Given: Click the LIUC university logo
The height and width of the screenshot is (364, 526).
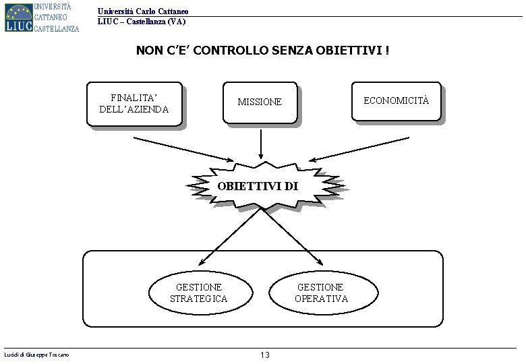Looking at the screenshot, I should tap(42, 17).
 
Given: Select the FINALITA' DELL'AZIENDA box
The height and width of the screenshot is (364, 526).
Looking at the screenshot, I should tap(135, 104).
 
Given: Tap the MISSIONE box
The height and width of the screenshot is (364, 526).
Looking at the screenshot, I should tap(260, 102).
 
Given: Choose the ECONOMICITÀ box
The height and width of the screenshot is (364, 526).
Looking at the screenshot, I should tap(396, 102).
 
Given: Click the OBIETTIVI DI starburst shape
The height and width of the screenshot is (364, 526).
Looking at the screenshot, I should tap(260, 187).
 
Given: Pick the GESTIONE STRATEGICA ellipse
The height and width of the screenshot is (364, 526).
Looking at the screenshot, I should tap(199, 293).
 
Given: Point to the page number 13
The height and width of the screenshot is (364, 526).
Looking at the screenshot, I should tap(264, 355).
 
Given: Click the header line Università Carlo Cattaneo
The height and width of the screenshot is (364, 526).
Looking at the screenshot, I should tap(143, 11).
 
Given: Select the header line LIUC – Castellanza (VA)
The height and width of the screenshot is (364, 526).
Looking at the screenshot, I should tap(142, 22).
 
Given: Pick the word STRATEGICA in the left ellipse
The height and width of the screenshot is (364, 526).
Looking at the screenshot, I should tap(199, 299).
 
